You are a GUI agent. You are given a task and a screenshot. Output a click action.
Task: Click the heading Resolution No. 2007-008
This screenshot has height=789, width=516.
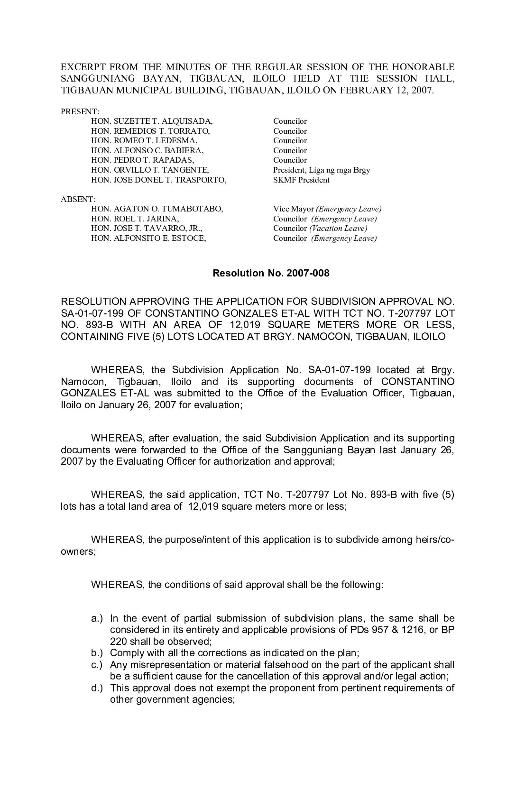(271, 273)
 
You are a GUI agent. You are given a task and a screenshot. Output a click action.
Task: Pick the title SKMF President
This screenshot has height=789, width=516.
(301, 180)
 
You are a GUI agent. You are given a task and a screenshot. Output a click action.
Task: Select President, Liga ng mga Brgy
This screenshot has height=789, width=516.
(322, 170)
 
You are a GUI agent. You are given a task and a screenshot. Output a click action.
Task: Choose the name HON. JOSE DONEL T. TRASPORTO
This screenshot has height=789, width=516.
(158, 180)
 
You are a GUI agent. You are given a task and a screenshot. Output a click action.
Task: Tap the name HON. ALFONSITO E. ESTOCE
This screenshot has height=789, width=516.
(148, 239)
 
